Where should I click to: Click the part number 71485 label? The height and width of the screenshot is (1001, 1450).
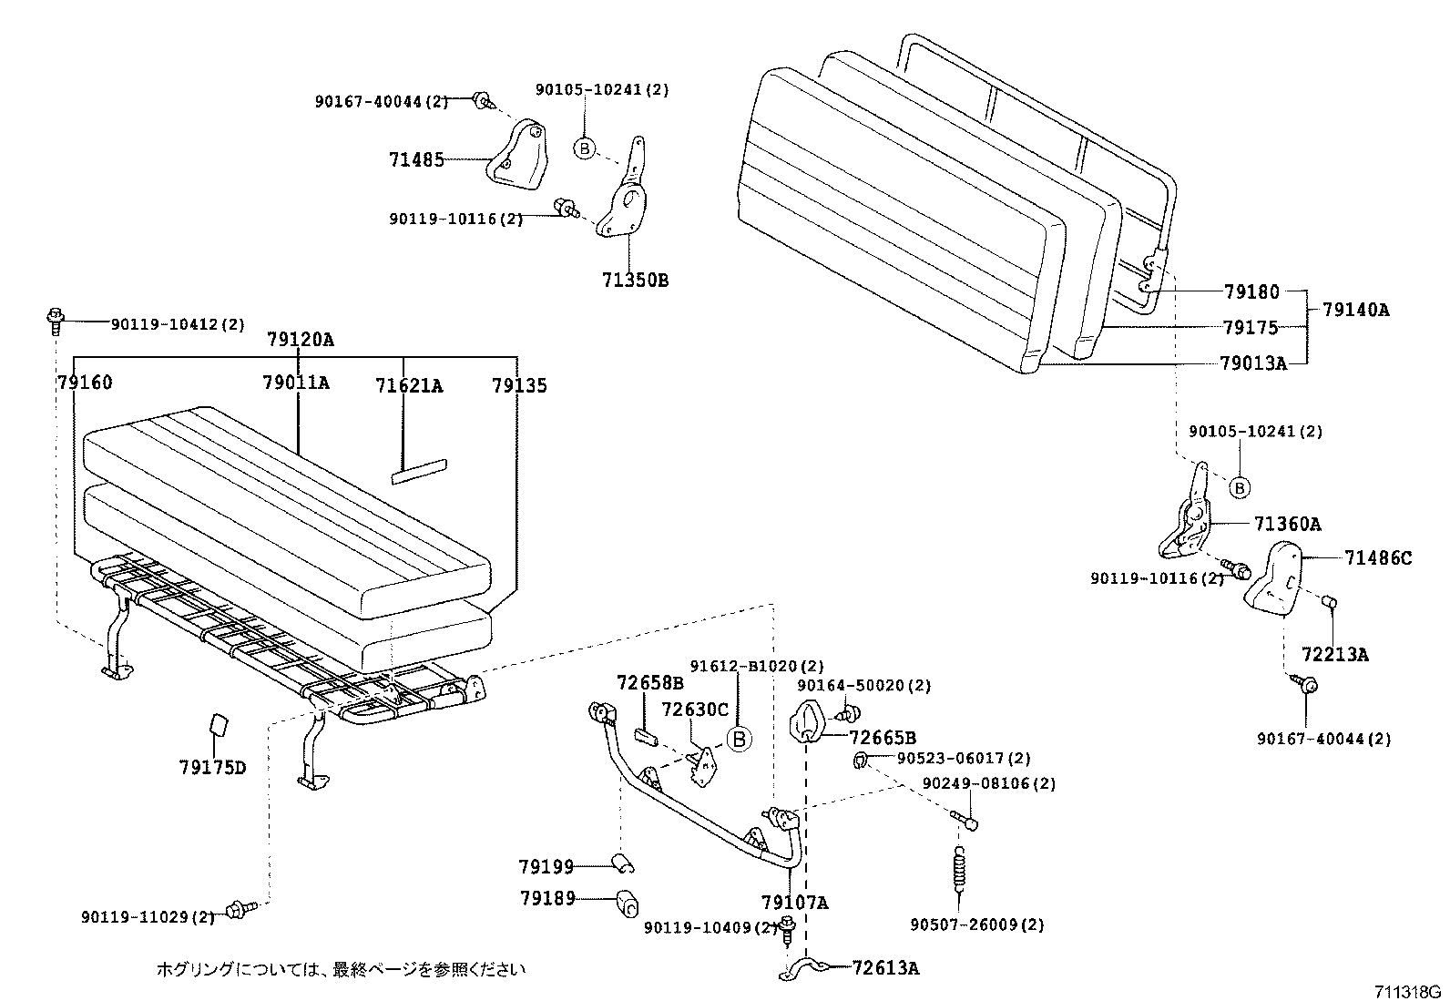click(416, 160)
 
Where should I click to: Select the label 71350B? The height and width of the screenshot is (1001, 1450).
click(634, 280)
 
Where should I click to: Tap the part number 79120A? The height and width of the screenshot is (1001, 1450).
click(301, 340)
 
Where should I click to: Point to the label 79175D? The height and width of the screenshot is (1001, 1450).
click(212, 767)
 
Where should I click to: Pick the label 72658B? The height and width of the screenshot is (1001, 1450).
click(649, 682)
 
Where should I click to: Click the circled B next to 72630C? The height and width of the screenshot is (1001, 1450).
click(740, 739)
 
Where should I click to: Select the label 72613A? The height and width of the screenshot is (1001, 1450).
click(885, 967)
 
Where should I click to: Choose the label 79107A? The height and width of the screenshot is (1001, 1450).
click(794, 903)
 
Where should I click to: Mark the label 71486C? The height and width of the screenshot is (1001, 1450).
click(1377, 557)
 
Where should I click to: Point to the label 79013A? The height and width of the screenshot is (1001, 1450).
click(1253, 363)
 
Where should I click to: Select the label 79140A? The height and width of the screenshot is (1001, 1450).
click(1355, 309)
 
